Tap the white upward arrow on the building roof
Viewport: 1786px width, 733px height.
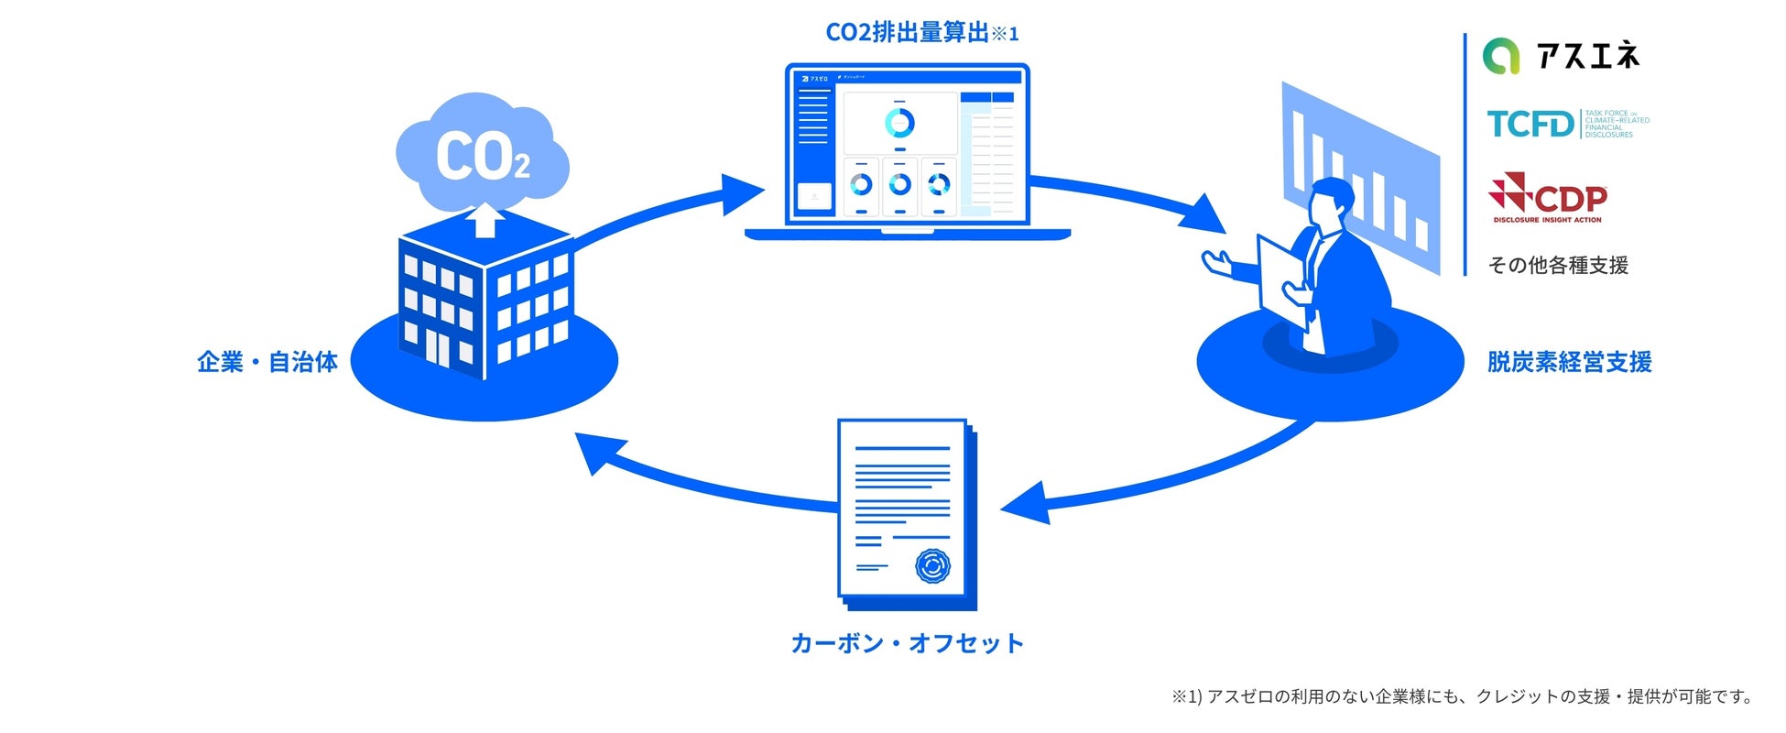485,221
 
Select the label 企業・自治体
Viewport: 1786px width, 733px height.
267,362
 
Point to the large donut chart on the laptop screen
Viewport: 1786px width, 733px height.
899,123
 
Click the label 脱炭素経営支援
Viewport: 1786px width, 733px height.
1569,362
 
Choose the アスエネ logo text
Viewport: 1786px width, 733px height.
1588,57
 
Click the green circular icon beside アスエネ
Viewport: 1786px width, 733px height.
1501,57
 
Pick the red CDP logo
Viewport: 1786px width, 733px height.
1548,198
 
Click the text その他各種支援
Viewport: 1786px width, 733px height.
1558,266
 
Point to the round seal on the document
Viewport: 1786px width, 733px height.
932,565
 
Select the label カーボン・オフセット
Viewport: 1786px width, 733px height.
907,643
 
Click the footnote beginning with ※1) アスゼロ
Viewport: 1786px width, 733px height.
1462,696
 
